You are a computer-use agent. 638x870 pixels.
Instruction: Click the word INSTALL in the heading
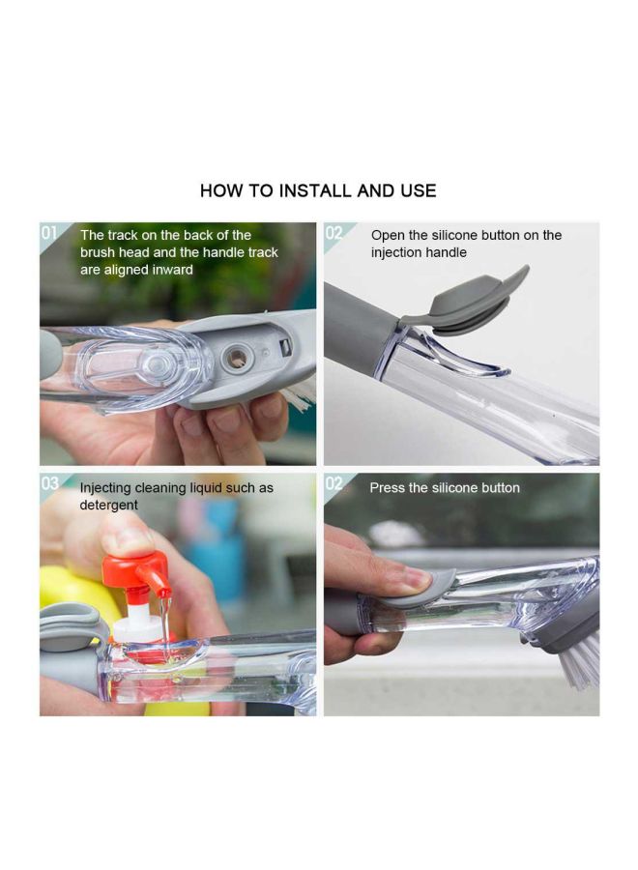315,191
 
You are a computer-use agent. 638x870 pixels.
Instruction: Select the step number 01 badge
49,233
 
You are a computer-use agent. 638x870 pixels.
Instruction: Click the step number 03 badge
49,483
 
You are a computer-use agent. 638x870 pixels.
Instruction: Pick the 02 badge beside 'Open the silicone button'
333,233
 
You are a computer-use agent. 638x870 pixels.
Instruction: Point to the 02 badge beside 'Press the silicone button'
333,483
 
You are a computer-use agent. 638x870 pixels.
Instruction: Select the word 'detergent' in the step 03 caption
108,506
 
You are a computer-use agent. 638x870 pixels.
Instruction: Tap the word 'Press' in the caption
388,488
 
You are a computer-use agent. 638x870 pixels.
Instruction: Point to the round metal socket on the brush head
235,359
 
